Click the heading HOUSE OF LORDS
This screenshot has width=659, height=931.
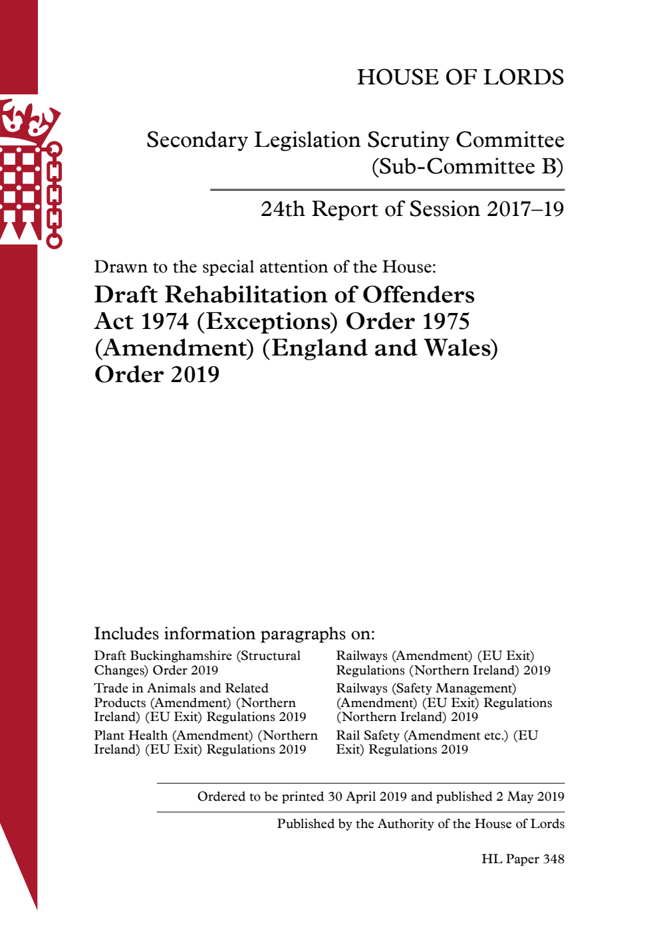tap(460, 77)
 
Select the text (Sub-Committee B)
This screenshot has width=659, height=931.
tap(467, 166)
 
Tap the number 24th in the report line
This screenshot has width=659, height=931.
tap(283, 209)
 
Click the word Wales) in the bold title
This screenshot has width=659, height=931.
tap(461, 348)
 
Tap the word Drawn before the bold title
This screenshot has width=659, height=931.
tap(120, 267)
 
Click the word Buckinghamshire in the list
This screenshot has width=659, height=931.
tap(181, 656)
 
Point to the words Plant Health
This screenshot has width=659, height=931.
tap(131, 736)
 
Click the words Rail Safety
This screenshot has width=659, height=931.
tap(368, 736)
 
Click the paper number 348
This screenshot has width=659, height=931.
tap(553, 859)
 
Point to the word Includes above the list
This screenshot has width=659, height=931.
tap(126, 634)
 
